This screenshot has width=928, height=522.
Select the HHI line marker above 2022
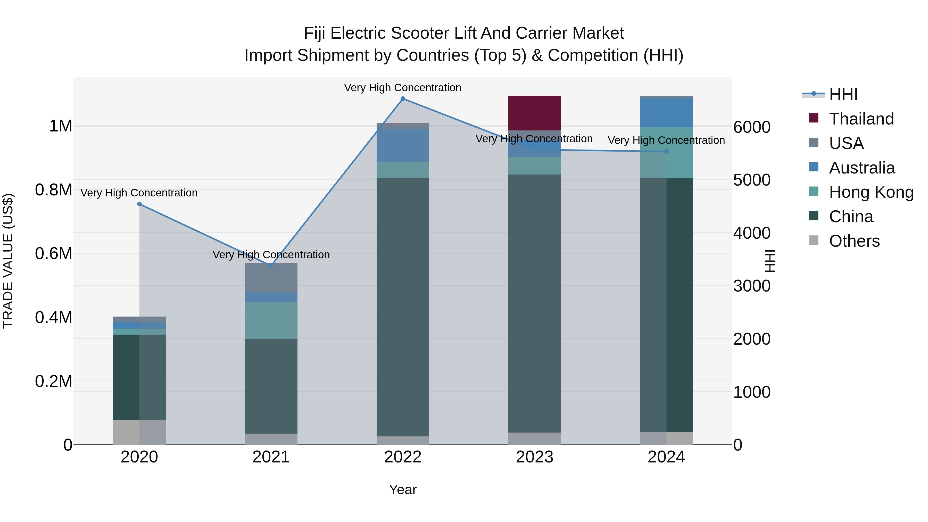pyautogui.click(x=403, y=99)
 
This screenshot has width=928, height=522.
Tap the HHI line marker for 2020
pyautogui.click(x=139, y=204)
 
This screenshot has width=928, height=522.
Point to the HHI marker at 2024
pyautogui.click(x=666, y=152)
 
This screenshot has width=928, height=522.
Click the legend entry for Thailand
pyautogui.click(x=861, y=119)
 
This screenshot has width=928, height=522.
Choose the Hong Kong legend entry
pyautogui.click(x=871, y=192)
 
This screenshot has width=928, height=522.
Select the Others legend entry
pyautogui.click(x=854, y=241)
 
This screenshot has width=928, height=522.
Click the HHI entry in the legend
pyautogui.click(x=843, y=94)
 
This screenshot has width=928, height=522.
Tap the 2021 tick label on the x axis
pyautogui.click(x=271, y=457)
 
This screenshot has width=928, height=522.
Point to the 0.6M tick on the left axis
pyautogui.click(x=54, y=254)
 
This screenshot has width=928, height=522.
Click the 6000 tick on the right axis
pyautogui.click(x=752, y=127)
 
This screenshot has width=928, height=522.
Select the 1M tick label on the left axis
pyautogui.click(x=61, y=126)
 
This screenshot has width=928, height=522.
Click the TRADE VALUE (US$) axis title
pyautogui.click(x=8, y=261)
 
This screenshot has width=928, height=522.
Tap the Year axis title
pyautogui.click(x=403, y=490)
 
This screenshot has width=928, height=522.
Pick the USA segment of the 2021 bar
pyautogui.click(x=271, y=277)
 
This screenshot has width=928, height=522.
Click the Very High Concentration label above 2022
pyautogui.click(x=402, y=88)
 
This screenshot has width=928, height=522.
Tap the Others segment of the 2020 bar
pyautogui.click(x=139, y=432)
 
